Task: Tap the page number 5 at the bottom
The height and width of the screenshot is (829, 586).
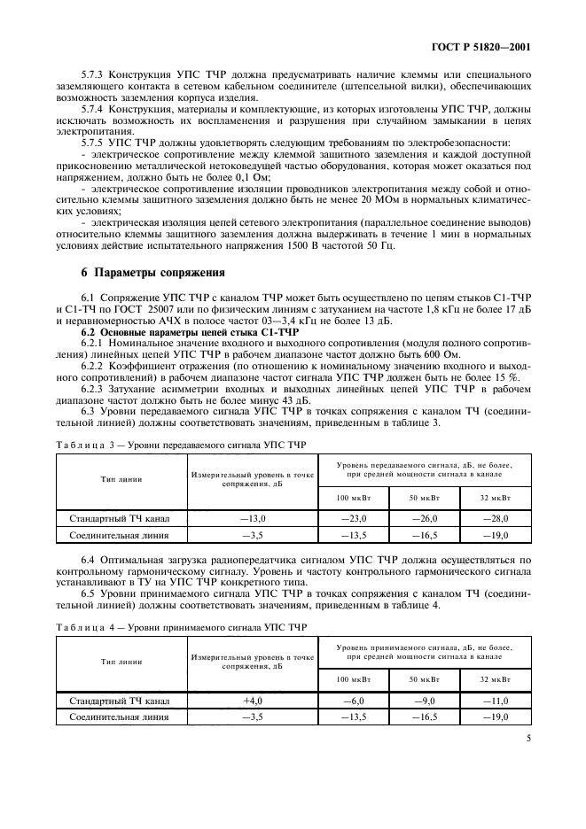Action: pos(526,734)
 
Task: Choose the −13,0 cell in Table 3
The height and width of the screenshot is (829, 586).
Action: pos(254,518)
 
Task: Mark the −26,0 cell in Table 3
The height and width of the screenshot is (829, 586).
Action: pos(426,518)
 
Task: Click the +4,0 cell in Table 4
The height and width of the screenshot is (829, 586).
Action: pos(254,701)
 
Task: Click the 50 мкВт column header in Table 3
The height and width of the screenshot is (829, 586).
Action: pos(426,498)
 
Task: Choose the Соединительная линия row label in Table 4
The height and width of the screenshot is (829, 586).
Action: pos(121,716)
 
